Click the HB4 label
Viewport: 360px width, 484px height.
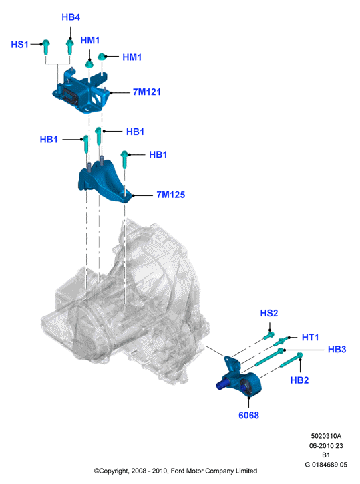tap(71, 17)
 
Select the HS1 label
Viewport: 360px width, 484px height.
tap(20, 45)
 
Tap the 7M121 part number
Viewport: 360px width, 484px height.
tap(147, 92)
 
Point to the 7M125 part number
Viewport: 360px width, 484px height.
tap(170, 195)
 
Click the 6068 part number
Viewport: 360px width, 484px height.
tap(248, 415)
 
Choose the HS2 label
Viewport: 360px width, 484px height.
tap(269, 313)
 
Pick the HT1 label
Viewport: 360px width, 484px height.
tap(310, 337)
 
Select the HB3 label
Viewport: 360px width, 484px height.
tap(337, 350)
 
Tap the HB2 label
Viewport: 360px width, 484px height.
tap(299, 380)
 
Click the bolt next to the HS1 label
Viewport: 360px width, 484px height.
tap(45, 47)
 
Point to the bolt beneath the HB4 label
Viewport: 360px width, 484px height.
tap(69, 46)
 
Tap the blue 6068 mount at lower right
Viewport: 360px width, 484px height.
tap(240, 378)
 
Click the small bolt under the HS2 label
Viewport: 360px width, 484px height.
tap(268, 335)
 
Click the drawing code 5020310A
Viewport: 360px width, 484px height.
tap(326, 436)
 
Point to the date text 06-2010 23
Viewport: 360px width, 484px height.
tap(326, 445)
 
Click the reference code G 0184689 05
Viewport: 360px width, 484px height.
tap(326, 465)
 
